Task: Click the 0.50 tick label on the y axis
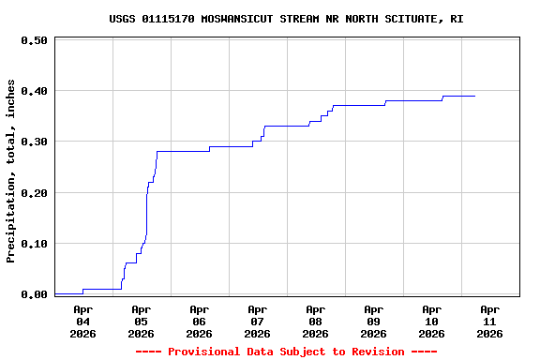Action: (x=34, y=40)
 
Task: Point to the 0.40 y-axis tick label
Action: (x=34, y=91)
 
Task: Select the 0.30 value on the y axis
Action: (x=34, y=142)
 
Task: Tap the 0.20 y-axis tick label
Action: (x=34, y=192)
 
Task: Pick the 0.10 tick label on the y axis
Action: (x=34, y=244)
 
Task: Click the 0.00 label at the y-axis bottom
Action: (x=34, y=294)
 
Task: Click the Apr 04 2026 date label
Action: (x=82, y=321)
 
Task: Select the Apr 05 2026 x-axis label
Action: (x=141, y=321)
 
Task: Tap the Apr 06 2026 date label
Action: (x=199, y=321)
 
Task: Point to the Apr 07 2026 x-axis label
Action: (x=257, y=321)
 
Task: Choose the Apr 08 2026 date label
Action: (x=315, y=321)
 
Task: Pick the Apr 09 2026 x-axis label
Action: (x=373, y=321)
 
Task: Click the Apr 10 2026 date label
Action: (x=431, y=321)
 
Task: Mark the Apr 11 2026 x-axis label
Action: (x=489, y=321)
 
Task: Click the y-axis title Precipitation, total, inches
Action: (x=11, y=171)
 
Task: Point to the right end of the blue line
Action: (x=474, y=96)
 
